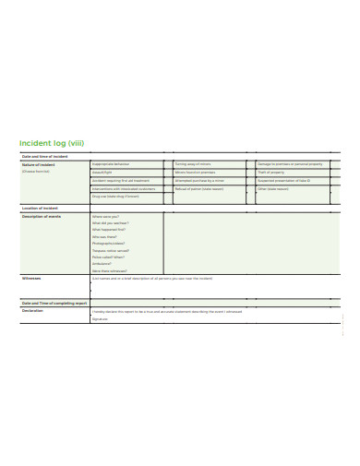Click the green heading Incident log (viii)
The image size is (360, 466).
[x=53, y=144]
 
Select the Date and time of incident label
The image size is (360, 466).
[x=43, y=157]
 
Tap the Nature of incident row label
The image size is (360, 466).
[x=39, y=164]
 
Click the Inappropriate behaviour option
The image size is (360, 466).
[x=112, y=164]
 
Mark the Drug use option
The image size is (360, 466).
[x=115, y=196]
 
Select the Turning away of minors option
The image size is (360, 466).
[x=193, y=164]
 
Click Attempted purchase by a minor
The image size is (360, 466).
[x=198, y=180]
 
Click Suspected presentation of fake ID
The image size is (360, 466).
[x=285, y=180]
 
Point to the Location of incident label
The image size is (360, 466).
[x=40, y=209]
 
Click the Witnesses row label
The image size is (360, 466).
[x=30, y=277]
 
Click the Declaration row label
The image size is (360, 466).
[x=32, y=311]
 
